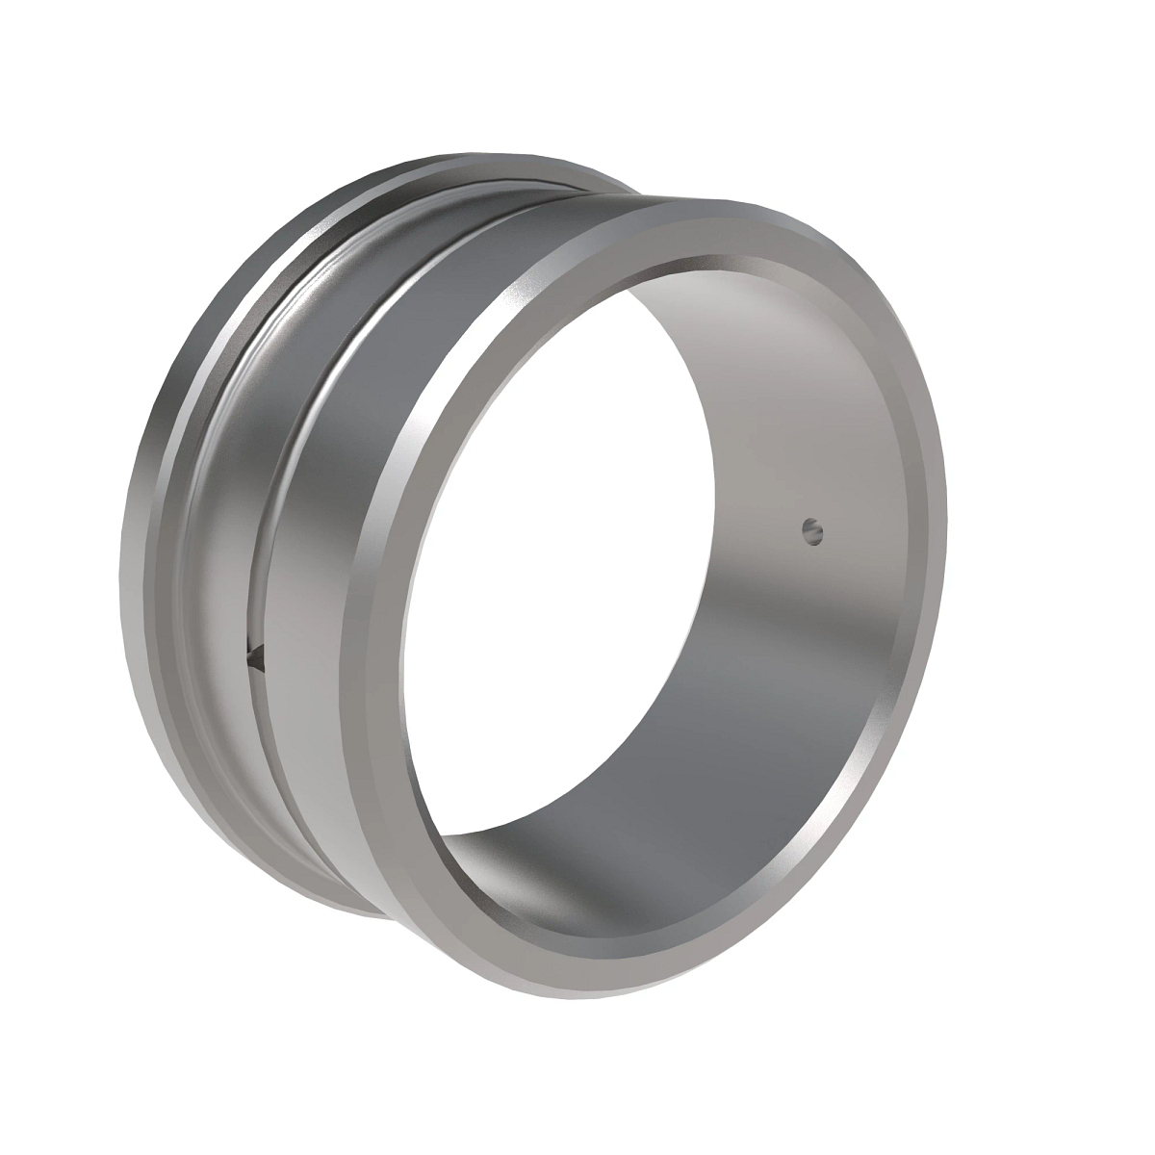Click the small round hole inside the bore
[813, 528]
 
